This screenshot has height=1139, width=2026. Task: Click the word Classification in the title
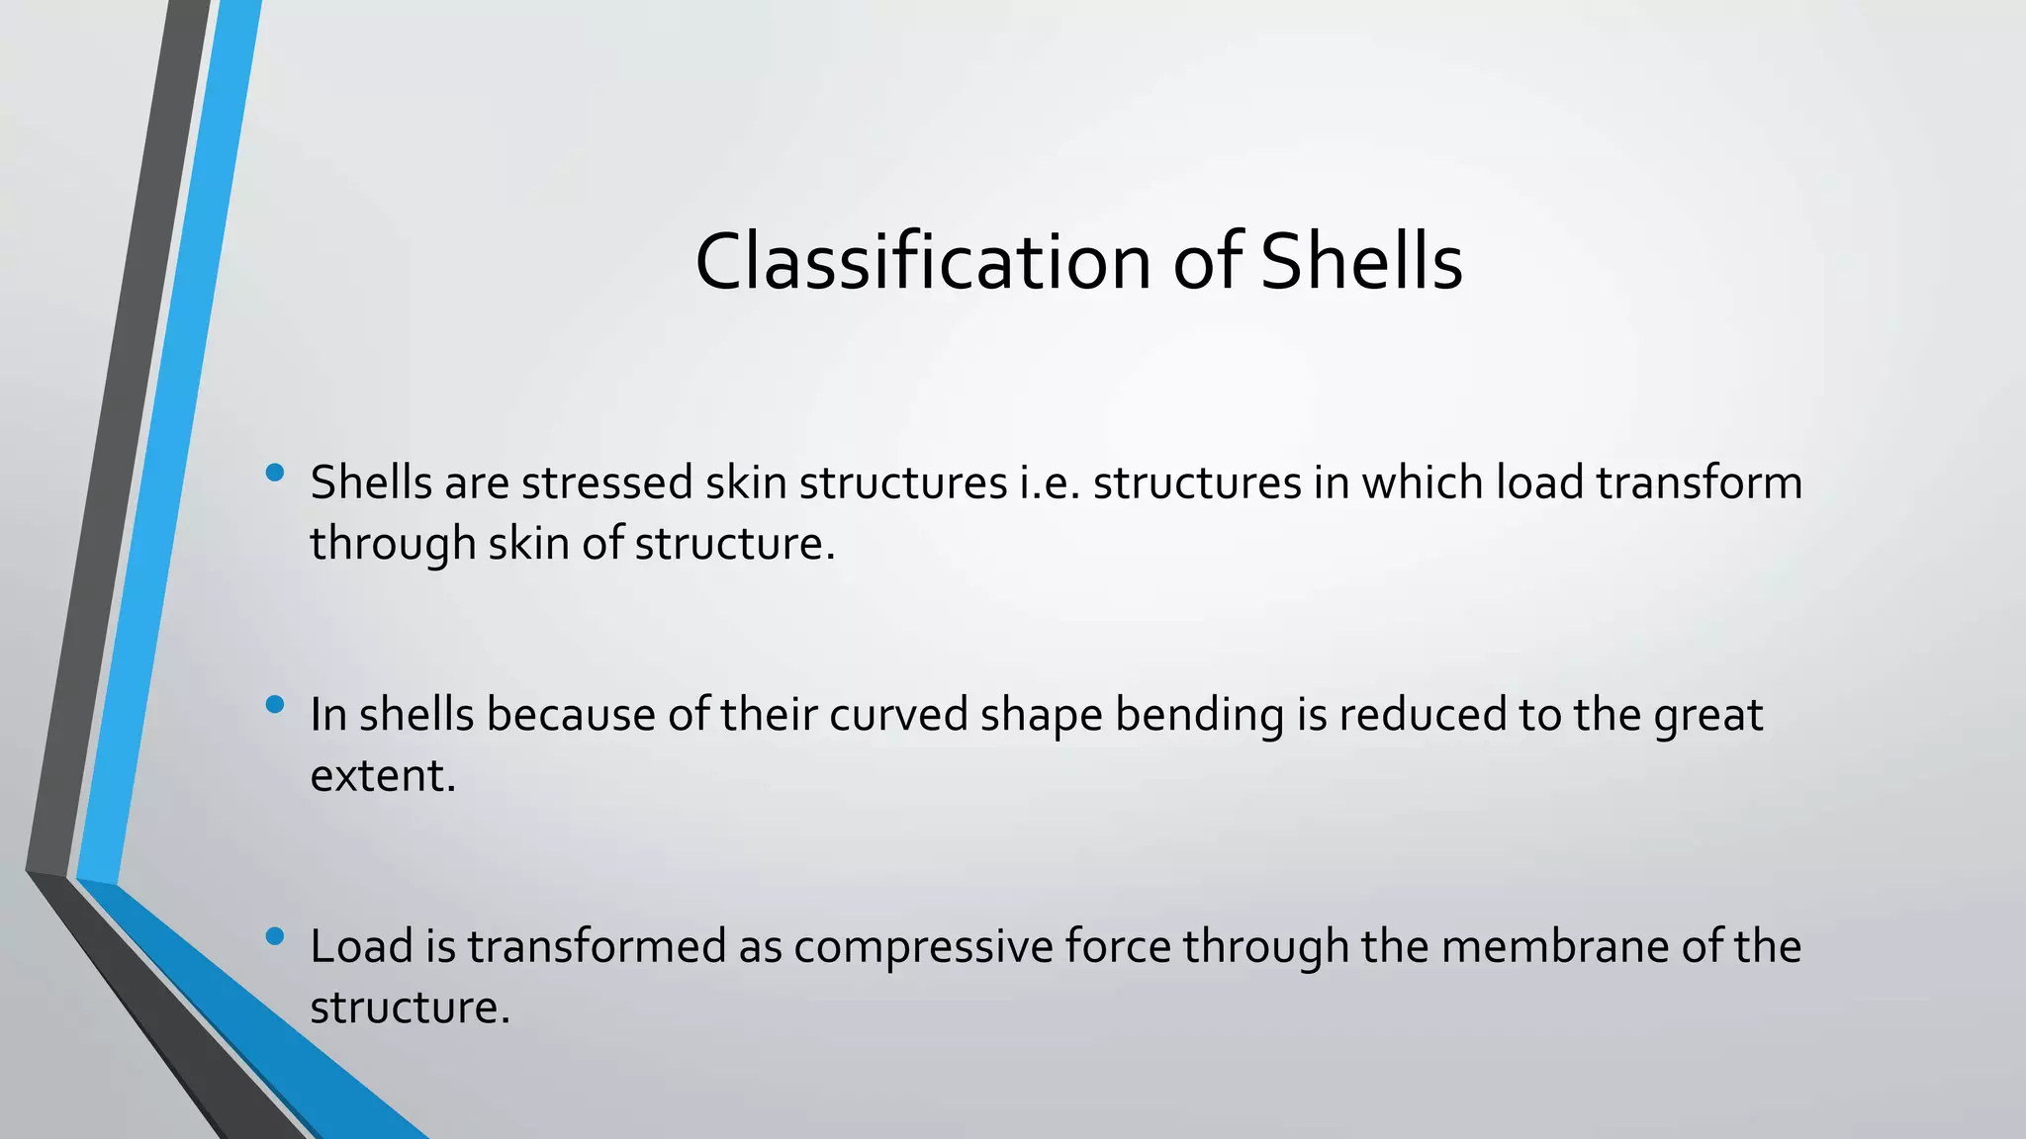tap(922, 262)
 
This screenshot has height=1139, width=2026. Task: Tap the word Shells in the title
tap(1361, 262)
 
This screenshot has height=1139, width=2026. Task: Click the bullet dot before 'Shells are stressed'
tap(275, 473)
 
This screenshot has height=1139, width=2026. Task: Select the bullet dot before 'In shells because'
tap(275, 704)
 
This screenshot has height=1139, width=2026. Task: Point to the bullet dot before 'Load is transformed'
tap(275, 935)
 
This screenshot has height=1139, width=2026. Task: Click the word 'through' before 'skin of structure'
tap(393, 545)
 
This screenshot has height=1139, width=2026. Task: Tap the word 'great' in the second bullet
tap(1707, 715)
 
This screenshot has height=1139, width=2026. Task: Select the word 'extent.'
tap(383, 776)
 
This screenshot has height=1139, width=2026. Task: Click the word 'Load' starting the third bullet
tap(361, 946)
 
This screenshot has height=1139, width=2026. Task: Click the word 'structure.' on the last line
tap(410, 1008)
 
